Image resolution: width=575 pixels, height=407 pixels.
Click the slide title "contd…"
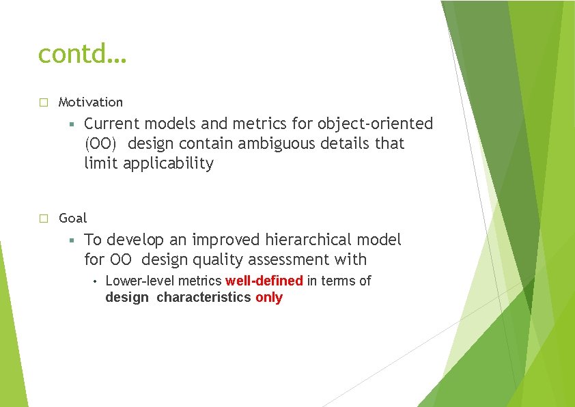coord(82,53)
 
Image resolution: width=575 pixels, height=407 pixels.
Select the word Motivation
coord(91,102)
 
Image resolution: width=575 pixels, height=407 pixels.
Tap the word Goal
coord(72,219)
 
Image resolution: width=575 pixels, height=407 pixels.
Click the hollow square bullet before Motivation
coord(42,102)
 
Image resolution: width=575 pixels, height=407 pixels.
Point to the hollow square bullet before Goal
coord(42,219)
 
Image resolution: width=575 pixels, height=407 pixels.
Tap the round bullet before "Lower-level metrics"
coord(95,281)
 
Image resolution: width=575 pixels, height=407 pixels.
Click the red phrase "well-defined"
coord(264,281)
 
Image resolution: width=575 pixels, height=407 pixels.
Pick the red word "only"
coord(268,298)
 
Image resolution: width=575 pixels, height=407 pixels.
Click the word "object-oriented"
coord(374,124)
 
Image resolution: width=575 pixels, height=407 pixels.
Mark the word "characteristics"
coord(204,298)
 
